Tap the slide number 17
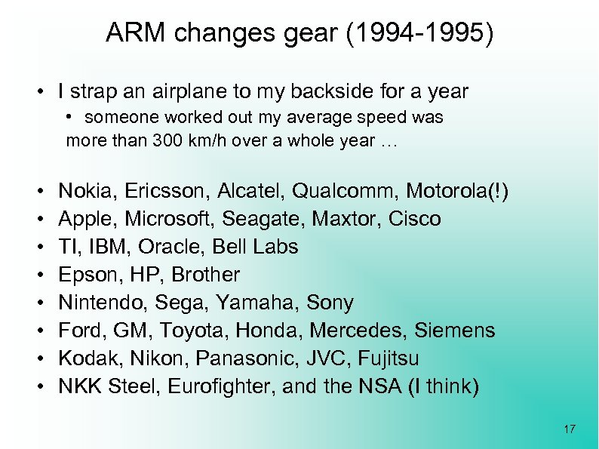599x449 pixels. (570, 429)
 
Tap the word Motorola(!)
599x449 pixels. (458, 191)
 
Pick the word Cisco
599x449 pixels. (414, 219)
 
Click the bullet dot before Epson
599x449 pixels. (38, 275)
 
